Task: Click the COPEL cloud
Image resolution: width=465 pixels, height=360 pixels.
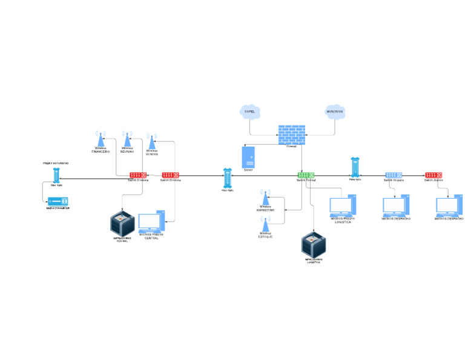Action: click(x=249, y=112)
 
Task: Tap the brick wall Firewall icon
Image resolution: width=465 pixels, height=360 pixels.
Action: click(x=292, y=135)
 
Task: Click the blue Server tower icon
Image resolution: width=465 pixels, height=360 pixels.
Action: click(x=248, y=157)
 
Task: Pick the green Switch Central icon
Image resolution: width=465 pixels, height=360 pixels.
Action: click(x=306, y=175)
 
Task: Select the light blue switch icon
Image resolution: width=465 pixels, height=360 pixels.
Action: click(x=394, y=175)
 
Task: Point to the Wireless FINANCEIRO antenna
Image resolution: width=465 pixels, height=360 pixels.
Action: click(x=101, y=138)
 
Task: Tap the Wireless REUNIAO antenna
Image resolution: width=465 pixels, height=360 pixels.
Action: click(x=127, y=138)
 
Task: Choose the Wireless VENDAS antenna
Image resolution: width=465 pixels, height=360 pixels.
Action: click(x=152, y=141)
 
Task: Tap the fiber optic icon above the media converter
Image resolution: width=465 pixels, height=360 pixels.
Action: click(x=56, y=175)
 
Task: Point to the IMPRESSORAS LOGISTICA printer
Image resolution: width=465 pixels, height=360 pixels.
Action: click(x=314, y=244)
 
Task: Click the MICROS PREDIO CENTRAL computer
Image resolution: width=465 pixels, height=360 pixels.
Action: click(x=151, y=222)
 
